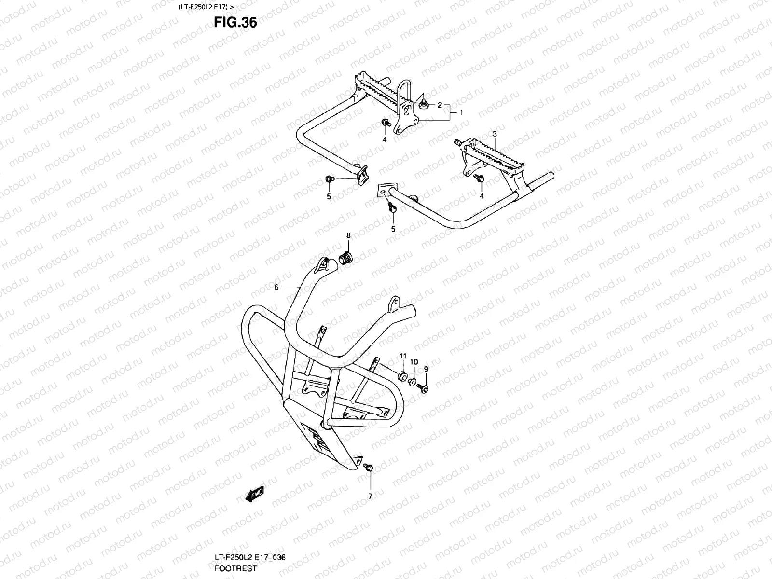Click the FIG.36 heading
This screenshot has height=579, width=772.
[235, 22]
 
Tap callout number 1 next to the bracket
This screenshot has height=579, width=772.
[461, 112]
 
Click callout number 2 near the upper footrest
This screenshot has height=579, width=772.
[440, 105]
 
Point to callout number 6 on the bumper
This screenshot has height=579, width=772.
[276, 287]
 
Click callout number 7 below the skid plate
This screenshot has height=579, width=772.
[370, 496]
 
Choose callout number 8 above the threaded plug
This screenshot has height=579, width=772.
[348, 236]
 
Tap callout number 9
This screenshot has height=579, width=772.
[426, 369]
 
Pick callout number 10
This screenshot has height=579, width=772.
[414, 362]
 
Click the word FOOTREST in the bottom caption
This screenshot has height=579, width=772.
[235, 568]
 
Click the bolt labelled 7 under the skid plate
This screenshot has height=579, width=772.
[369, 467]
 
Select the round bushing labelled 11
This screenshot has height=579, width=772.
[401, 376]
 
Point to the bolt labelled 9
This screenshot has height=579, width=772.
[423, 387]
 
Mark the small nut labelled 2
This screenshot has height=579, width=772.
[424, 103]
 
